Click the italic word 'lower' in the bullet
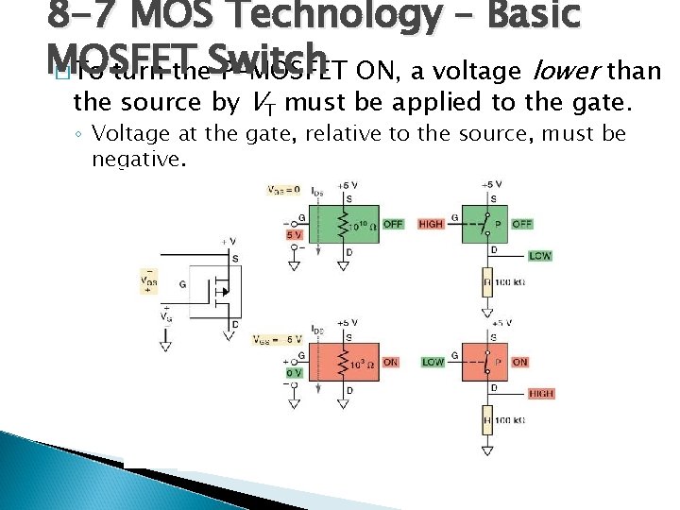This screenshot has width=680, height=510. coord(565,71)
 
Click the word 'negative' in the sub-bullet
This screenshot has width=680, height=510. coord(137,159)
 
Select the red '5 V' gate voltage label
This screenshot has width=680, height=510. coord(295,234)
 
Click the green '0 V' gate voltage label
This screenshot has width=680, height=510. coord(293,372)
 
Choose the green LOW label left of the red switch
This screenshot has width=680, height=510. coord(433,362)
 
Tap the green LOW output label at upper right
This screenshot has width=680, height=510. coord(541,256)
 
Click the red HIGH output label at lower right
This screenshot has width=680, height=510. coord(541,394)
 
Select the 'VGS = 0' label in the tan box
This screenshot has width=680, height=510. coord(282,190)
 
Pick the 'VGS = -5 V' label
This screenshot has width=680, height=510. coord(279,339)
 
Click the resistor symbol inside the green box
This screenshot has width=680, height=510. coord(329,226)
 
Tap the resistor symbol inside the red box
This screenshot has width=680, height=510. coord(329,363)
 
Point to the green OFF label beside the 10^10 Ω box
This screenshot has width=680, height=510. coord(393,224)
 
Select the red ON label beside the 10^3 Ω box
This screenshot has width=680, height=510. coord(391,362)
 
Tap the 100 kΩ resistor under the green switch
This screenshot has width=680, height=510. coord(488,280)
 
